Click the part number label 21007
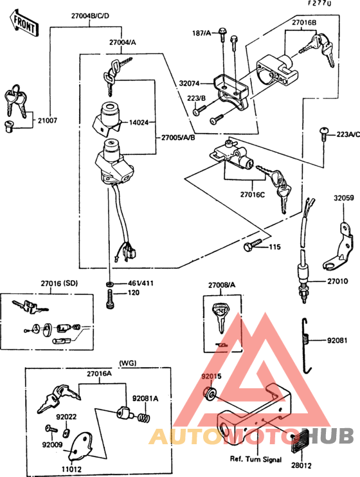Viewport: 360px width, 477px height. pos(47,120)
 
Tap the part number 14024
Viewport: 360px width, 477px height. pos(139,121)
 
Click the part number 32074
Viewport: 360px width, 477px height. pos(191,83)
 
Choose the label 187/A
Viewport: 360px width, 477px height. pos(201,33)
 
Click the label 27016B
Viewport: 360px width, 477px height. pos(305,21)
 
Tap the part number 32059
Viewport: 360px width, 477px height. pos(343,199)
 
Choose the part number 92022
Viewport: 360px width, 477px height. pos(66,417)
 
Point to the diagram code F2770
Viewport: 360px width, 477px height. pos(319,4)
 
